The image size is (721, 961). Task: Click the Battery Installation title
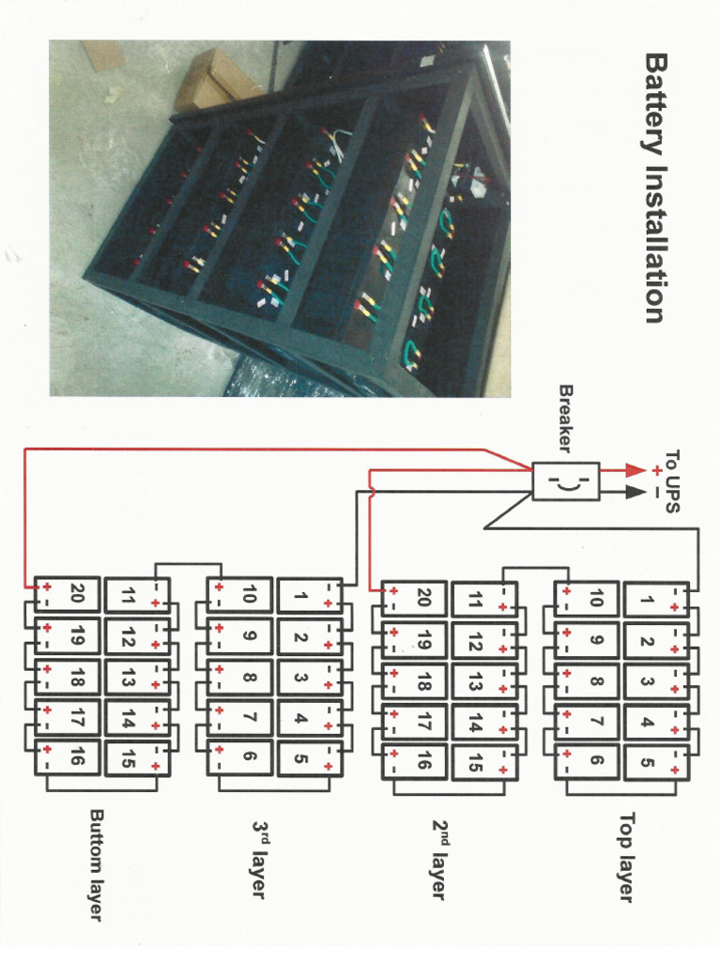click(654, 188)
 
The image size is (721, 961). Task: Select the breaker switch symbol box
click(565, 481)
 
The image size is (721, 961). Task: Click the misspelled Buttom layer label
click(96, 863)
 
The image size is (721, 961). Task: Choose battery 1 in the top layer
click(646, 599)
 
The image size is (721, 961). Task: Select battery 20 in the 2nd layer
click(422, 597)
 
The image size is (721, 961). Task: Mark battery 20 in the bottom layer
click(76, 594)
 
